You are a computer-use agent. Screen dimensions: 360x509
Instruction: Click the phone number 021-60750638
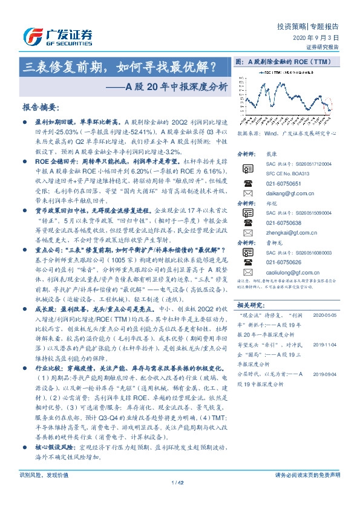tap(282, 222)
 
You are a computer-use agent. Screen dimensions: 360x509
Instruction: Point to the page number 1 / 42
tap(180, 499)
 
